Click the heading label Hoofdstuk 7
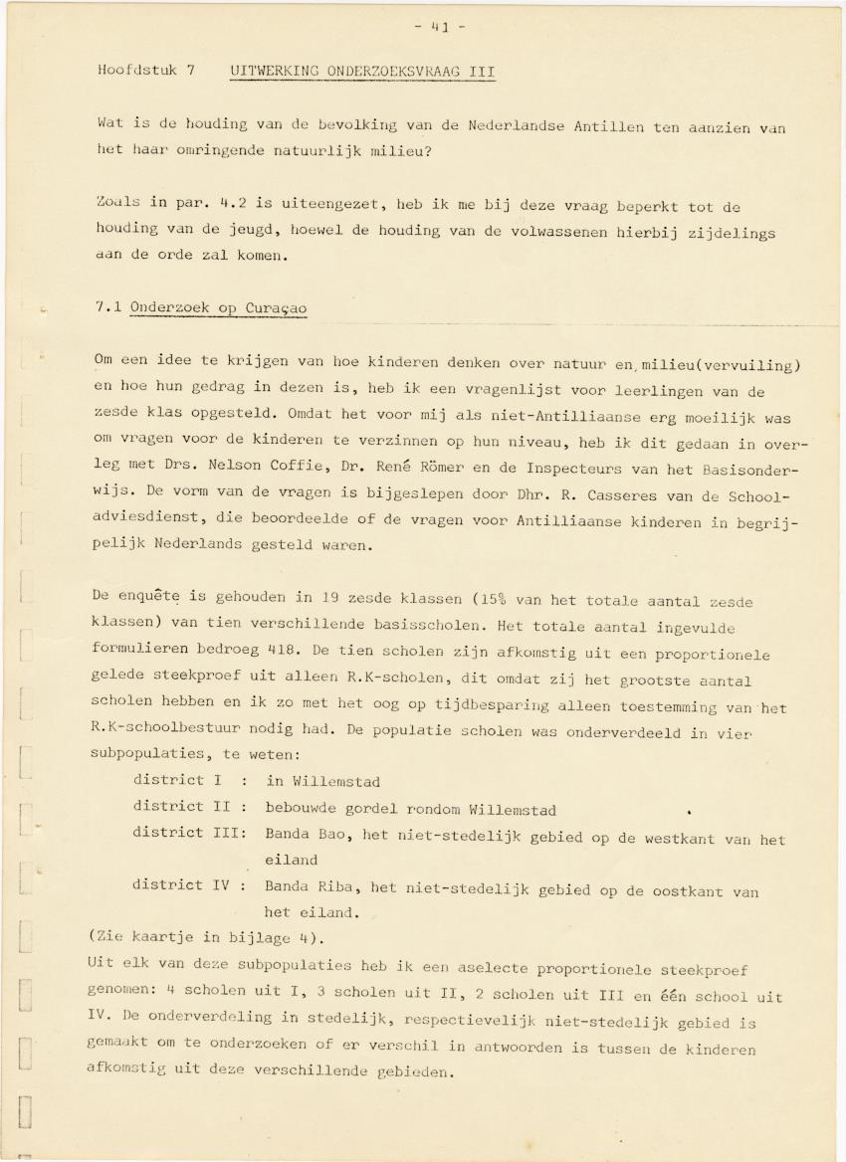tap(145, 72)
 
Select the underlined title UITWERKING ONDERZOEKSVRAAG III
tap(362, 72)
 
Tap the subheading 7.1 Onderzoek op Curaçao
tap(201, 308)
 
